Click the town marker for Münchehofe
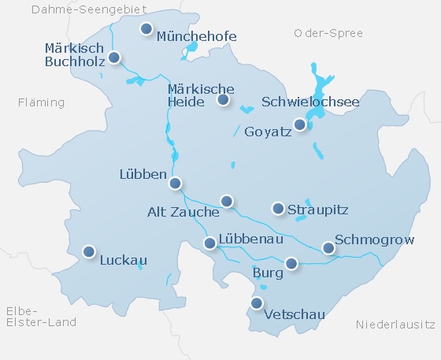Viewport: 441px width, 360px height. click(x=146, y=29)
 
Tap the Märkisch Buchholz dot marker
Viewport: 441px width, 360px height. click(x=114, y=58)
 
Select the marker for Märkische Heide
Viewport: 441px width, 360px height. click(x=224, y=99)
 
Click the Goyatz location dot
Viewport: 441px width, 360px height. click(x=299, y=124)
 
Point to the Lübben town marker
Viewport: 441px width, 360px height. click(x=176, y=183)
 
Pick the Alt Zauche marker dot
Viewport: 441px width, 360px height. click(x=227, y=201)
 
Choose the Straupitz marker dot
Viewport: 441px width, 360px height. click(x=278, y=208)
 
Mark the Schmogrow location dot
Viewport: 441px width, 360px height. click(x=329, y=248)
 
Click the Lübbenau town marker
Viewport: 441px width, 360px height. click(x=209, y=243)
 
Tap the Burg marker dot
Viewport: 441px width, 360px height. click(x=291, y=263)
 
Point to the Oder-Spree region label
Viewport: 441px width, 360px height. click(x=328, y=33)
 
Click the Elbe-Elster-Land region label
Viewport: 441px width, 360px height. click(x=40, y=316)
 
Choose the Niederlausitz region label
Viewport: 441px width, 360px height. click(x=395, y=325)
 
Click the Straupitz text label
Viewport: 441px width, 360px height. click(x=317, y=210)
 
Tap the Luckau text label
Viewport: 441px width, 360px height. click(x=124, y=259)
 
